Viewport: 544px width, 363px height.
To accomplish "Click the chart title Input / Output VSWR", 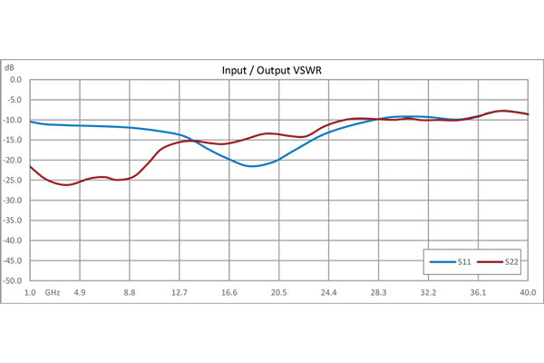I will [x=277, y=71].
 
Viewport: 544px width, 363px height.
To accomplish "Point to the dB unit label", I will [x=10, y=67].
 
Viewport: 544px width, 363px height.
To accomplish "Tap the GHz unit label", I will [x=52, y=292].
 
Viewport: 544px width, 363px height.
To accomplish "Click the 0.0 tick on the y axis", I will [x=15, y=79].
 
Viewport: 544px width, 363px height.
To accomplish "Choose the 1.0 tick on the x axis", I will [x=30, y=292].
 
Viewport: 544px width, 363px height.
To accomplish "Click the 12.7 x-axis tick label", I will [x=180, y=292].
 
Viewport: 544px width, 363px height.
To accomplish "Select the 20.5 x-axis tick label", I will [x=279, y=292].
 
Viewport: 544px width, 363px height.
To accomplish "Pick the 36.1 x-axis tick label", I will [x=478, y=292].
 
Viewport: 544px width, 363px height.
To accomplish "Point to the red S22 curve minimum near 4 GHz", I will [x=65, y=185].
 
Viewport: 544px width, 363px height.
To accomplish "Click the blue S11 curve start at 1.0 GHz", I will [x=30, y=122].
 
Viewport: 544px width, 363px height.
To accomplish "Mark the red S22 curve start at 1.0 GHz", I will [x=30, y=166].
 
